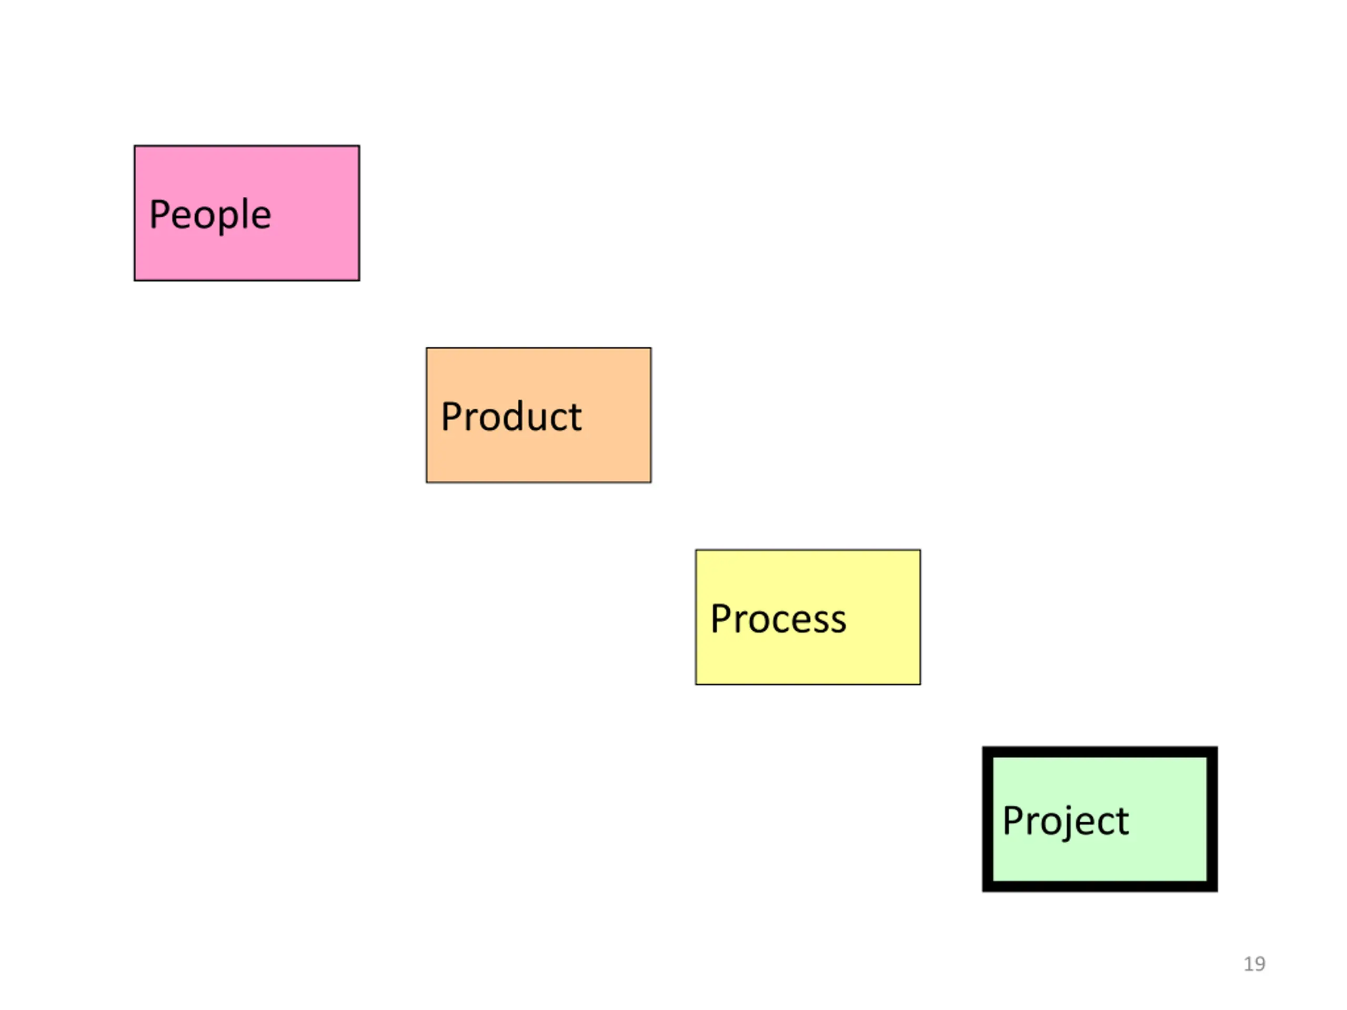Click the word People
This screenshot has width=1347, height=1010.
[x=210, y=215]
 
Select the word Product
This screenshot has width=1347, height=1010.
[x=511, y=417]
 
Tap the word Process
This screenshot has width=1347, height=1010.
[x=778, y=619]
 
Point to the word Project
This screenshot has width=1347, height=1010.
[x=1065, y=821]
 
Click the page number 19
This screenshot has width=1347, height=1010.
[x=1254, y=964]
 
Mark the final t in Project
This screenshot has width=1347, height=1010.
[x=1122, y=821]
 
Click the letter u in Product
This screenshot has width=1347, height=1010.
[x=537, y=420]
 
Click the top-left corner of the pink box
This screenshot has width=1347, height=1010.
[x=135, y=146]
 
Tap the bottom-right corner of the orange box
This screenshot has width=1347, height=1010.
[x=650, y=482]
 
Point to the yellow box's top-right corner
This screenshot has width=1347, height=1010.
[x=920, y=550]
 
